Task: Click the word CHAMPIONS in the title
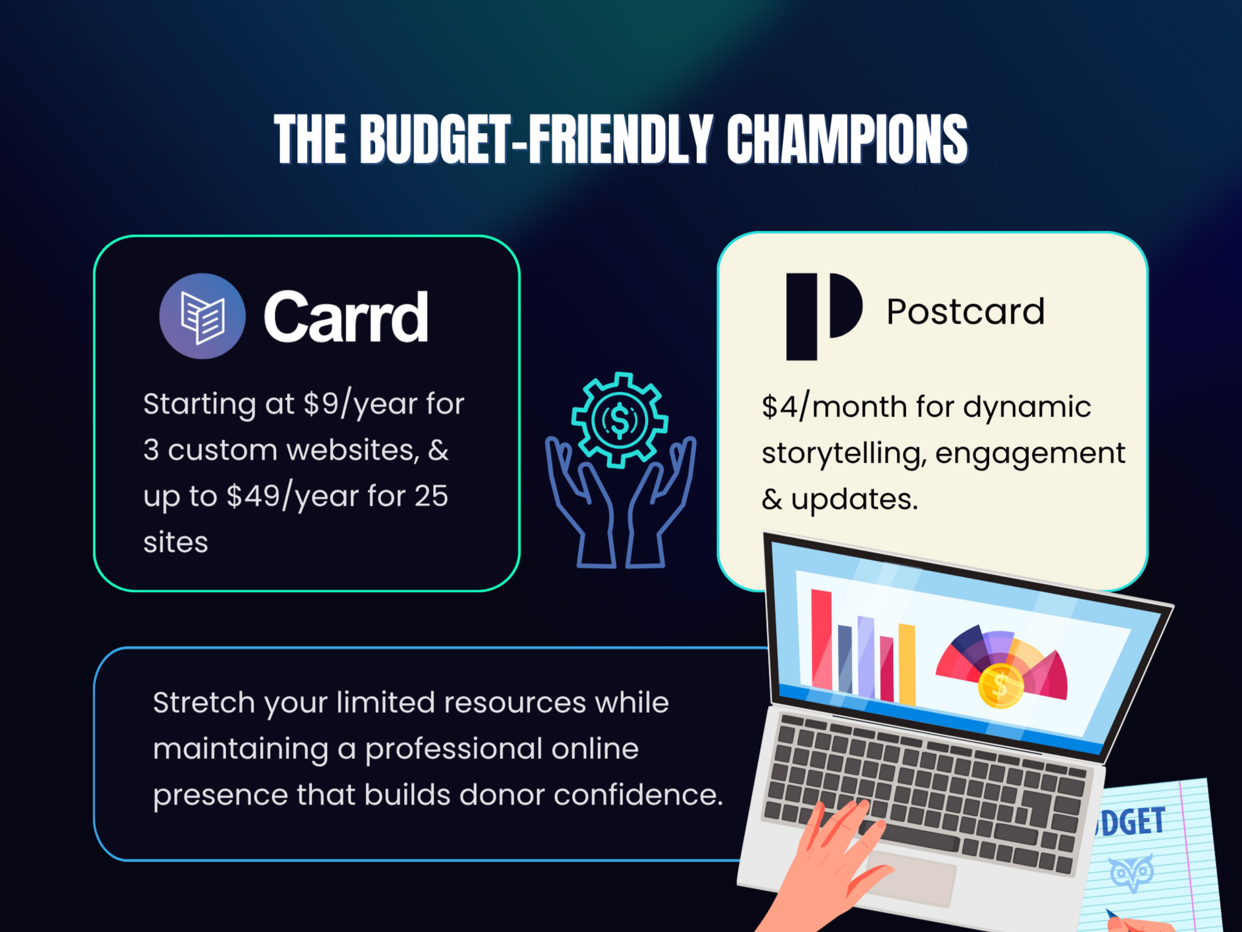click(x=847, y=139)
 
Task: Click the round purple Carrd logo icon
click(x=202, y=316)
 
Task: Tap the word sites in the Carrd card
click(x=175, y=542)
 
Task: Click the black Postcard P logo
click(x=824, y=316)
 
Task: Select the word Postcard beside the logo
click(x=965, y=312)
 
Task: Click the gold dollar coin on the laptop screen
click(x=1001, y=686)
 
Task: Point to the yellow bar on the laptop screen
click(x=906, y=664)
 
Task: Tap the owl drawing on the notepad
click(x=1132, y=872)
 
